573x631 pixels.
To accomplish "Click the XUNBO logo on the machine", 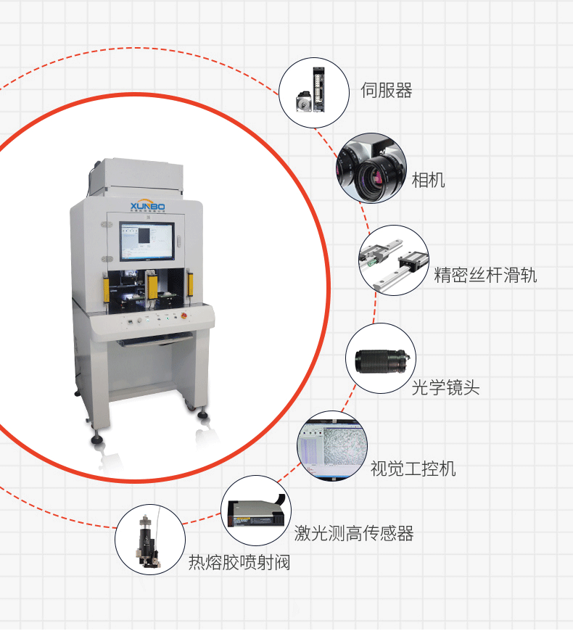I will (x=147, y=206).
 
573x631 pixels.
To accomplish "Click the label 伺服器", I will (x=386, y=91).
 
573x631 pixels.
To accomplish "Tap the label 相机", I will (x=428, y=180).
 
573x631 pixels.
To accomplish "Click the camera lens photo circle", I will (x=370, y=168).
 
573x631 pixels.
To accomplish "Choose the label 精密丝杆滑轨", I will (x=485, y=275).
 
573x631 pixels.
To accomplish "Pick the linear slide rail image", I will (x=394, y=260).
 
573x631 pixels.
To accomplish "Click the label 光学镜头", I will (x=445, y=387).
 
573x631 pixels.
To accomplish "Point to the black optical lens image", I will (x=381, y=359).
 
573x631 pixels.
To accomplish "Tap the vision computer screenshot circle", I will (x=332, y=446).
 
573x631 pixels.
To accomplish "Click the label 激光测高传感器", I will (x=353, y=535).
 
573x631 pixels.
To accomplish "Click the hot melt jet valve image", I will (x=150, y=540).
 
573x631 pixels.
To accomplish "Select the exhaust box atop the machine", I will (x=142, y=176).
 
